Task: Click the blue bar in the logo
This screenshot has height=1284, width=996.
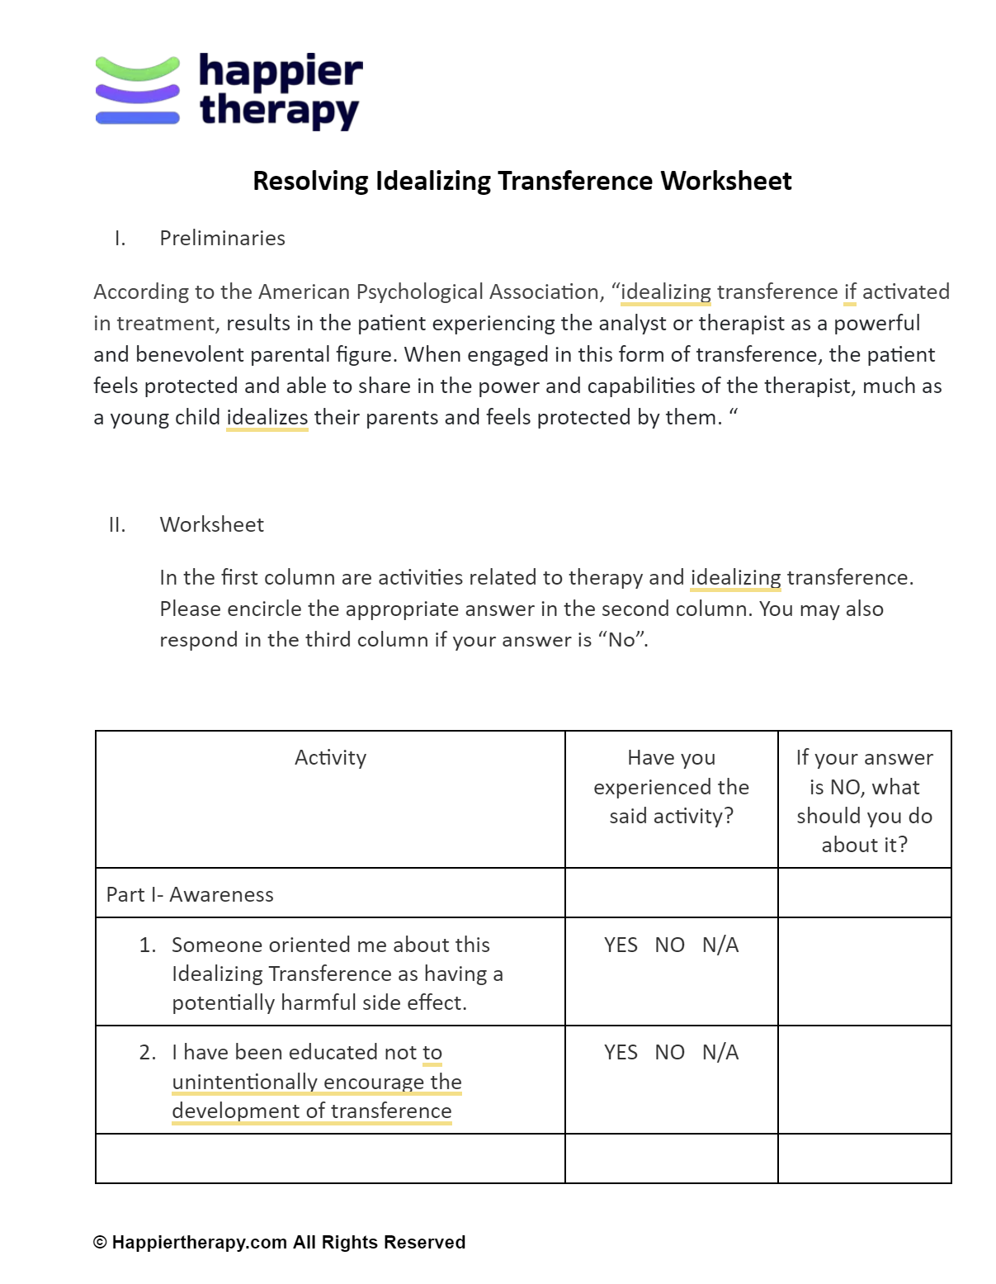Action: (x=137, y=118)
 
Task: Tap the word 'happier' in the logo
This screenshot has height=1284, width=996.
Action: (x=280, y=72)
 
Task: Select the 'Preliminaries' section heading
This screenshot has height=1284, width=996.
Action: (x=222, y=239)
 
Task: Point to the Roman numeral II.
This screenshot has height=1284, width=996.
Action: (x=117, y=525)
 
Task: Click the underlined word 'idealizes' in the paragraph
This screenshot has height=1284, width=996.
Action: (x=267, y=418)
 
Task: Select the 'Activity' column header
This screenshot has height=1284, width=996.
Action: (x=330, y=758)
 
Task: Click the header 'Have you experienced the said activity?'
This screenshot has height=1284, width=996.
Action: (x=671, y=787)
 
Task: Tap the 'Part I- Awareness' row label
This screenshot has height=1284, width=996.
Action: (x=190, y=895)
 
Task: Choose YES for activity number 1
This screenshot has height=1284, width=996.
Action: (x=621, y=945)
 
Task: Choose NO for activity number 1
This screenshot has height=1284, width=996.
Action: (x=669, y=945)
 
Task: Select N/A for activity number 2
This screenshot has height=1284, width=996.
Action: (x=720, y=1053)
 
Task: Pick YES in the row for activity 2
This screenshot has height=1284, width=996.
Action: (x=621, y=1053)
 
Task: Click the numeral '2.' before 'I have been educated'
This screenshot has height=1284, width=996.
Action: (x=148, y=1053)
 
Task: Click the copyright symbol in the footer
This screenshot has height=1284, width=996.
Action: (x=100, y=1243)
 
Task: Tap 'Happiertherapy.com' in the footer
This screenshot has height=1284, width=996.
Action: (x=199, y=1243)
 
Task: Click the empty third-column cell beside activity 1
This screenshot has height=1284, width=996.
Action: (x=864, y=972)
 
